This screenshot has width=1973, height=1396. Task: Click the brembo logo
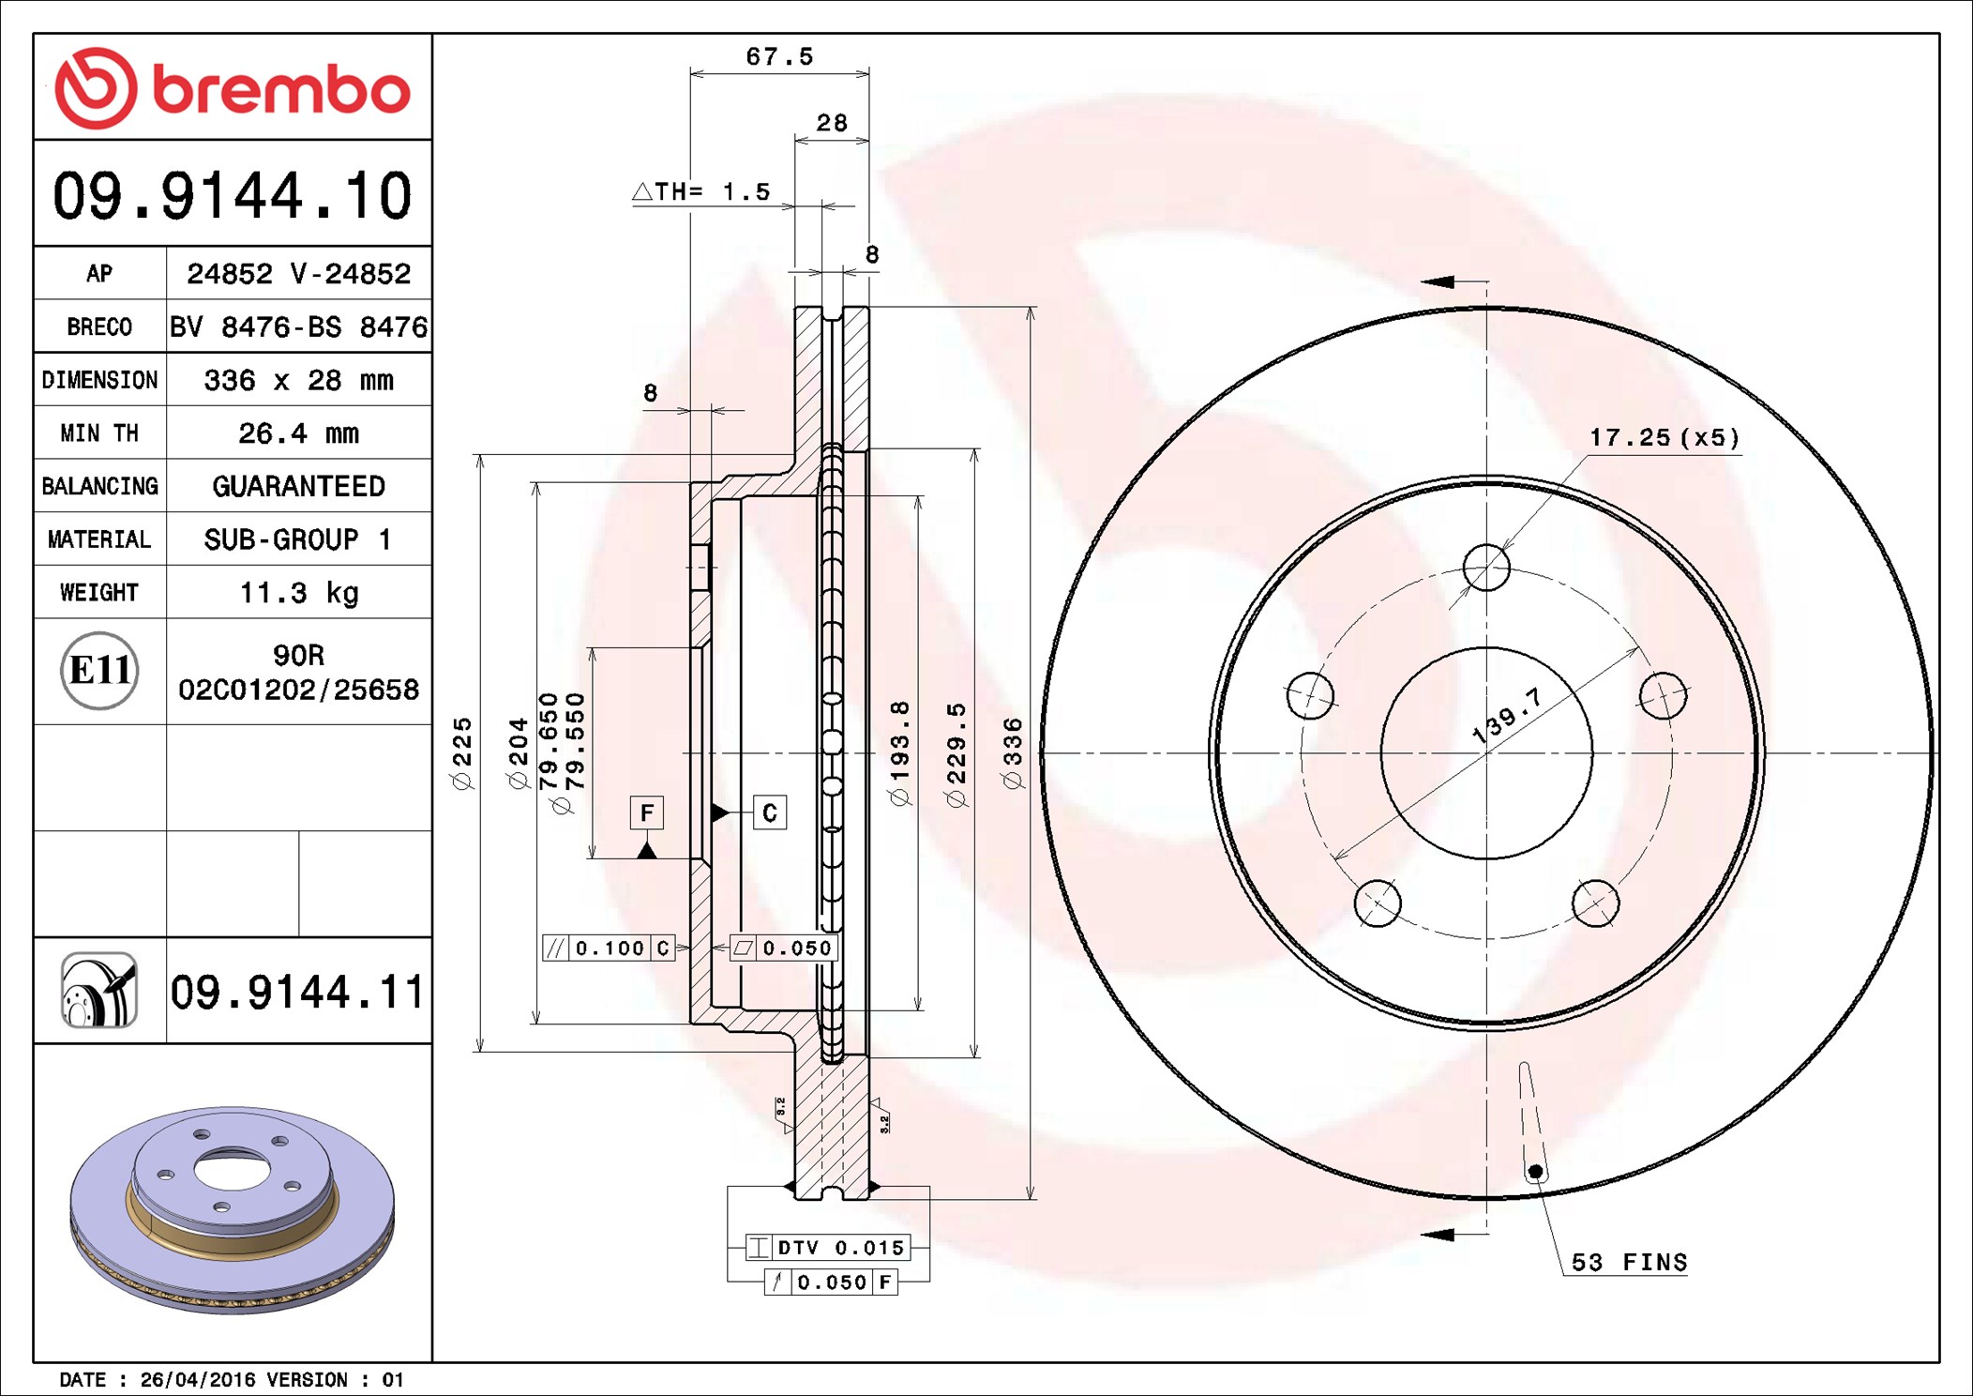coord(233,88)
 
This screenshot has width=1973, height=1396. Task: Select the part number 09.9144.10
coord(233,196)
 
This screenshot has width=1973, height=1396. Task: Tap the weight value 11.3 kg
coord(299,593)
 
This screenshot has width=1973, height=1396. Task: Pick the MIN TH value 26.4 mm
coord(299,433)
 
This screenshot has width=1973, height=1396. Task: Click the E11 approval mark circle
coord(99,671)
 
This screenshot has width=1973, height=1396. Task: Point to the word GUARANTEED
coord(299,486)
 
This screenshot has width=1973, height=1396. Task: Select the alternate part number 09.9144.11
coord(297,992)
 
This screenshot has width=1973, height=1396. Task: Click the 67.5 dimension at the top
coord(780,57)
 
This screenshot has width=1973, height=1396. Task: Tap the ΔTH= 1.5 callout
coord(701,192)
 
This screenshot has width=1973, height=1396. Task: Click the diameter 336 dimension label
coord(1013,753)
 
